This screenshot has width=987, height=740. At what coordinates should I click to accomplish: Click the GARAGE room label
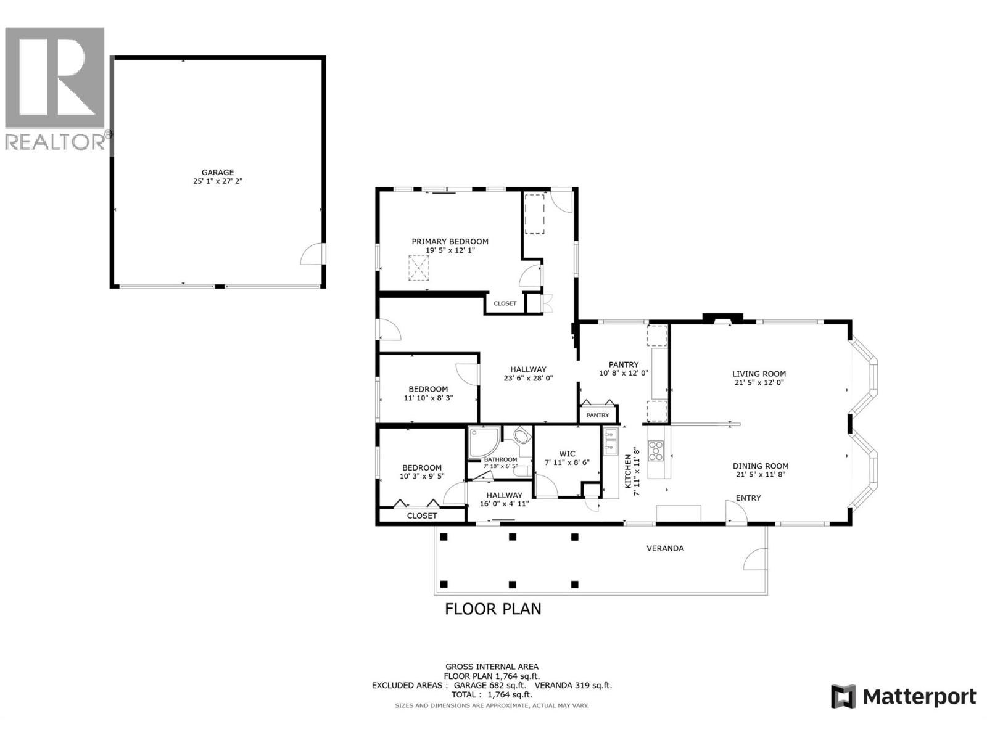click(217, 173)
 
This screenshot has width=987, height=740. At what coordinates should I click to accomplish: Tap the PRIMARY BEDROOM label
click(450, 242)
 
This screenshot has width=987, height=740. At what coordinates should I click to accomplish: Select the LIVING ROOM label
click(759, 374)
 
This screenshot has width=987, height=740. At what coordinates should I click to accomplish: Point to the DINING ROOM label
click(760, 466)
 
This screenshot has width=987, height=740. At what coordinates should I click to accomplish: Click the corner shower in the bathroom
click(482, 442)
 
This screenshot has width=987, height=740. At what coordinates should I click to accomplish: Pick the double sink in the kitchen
click(610, 442)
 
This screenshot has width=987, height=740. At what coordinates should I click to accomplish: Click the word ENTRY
click(748, 498)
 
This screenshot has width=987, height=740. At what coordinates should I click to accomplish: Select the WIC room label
click(567, 454)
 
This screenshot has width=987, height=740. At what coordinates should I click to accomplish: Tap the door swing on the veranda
click(755, 559)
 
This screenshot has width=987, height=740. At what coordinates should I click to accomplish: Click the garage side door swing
click(313, 255)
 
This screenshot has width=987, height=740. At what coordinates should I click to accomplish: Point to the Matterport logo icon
click(843, 697)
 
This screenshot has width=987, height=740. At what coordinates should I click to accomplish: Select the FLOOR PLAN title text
click(493, 609)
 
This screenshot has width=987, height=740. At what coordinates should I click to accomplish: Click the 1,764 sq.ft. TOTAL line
click(491, 694)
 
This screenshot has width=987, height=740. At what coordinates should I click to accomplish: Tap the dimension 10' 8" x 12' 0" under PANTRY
click(623, 373)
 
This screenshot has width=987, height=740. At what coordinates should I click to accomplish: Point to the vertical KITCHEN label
click(628, 472)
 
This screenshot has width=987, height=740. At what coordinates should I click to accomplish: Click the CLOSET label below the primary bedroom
click(505, 303)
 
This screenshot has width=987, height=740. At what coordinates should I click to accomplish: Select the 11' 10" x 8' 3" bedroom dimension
click(428, 398)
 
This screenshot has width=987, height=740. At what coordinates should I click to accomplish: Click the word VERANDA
click(664, 548)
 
